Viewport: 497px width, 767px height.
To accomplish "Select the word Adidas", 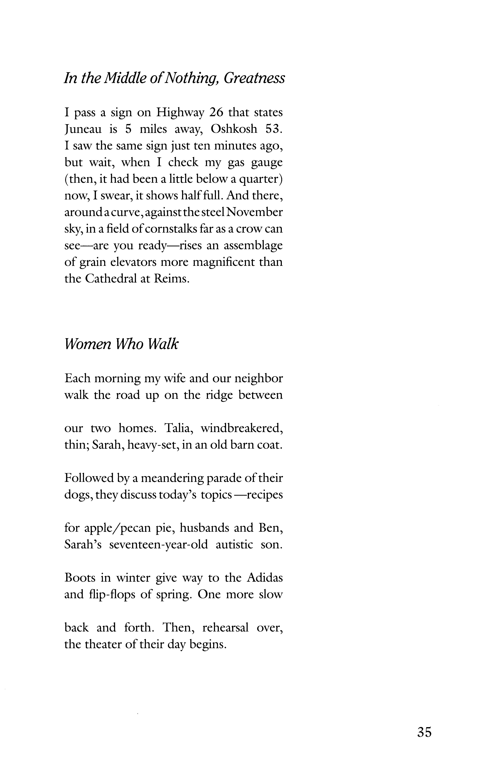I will (265, 578).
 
